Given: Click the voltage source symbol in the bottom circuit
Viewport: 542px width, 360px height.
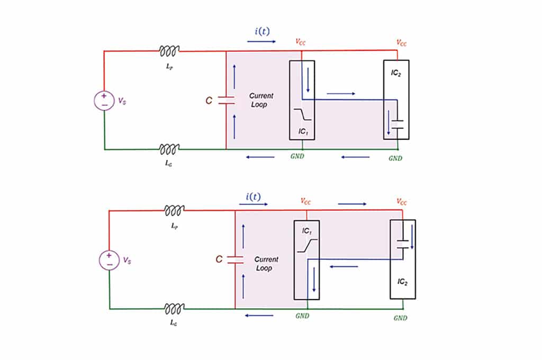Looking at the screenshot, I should pos(109,259).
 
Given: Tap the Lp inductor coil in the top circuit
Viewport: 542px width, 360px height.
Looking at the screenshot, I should pos(169,50).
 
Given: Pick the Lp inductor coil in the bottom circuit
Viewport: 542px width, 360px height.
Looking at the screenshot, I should pos(174,210).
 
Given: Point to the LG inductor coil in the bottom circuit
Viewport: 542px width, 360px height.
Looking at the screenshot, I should pos(174,308).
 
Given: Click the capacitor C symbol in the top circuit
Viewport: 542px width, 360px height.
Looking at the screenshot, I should pos(226,100).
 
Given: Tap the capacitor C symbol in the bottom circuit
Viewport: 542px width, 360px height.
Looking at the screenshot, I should pos(234,259).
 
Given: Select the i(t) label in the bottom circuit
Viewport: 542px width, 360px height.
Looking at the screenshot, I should pos(253,196).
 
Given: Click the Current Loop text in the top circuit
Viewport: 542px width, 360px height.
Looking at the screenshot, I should pos(261,100).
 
